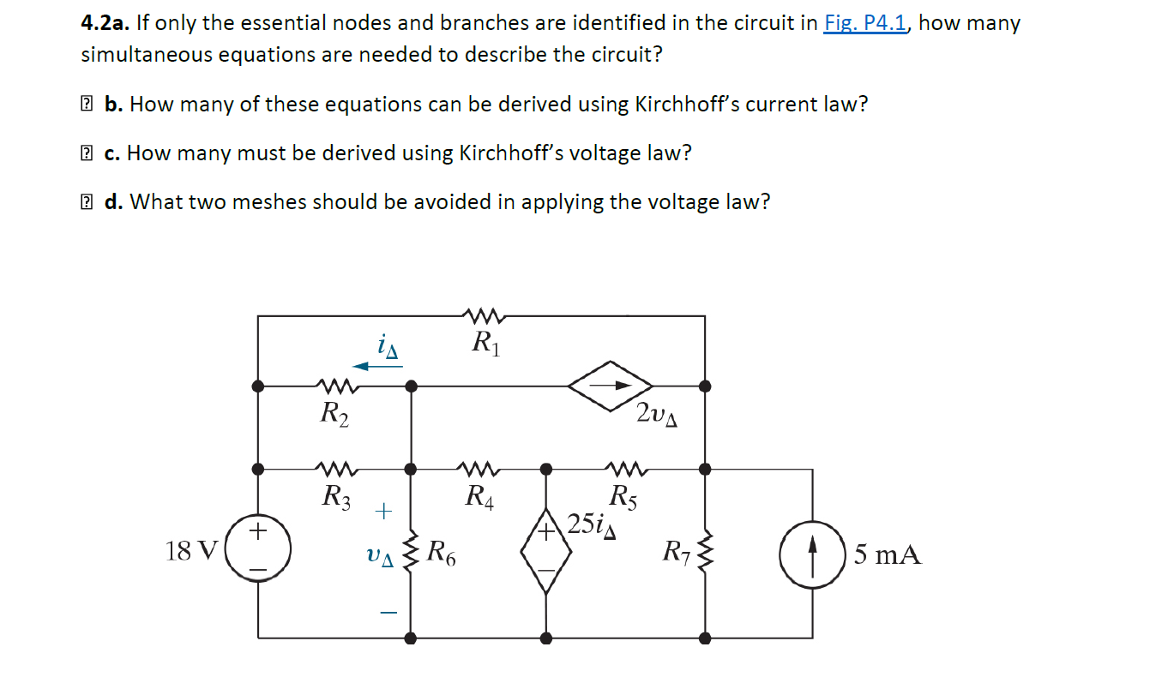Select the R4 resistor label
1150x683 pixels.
[x=479, y=495]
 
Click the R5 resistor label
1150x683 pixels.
[x=623, y=496]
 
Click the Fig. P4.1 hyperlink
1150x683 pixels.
[x=865, y=23]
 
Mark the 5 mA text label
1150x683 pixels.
[x=888, y=555]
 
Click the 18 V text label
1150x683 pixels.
[x=191, y=550]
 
